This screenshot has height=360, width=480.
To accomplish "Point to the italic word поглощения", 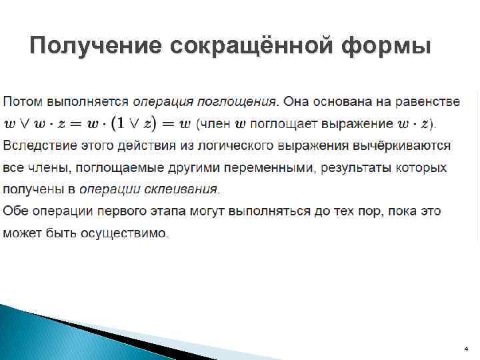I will [237, 102].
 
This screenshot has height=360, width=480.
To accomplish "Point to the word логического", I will [227, 145].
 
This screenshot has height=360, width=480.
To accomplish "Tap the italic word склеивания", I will [185, 189].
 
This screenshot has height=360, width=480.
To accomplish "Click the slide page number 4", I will [465, 349].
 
